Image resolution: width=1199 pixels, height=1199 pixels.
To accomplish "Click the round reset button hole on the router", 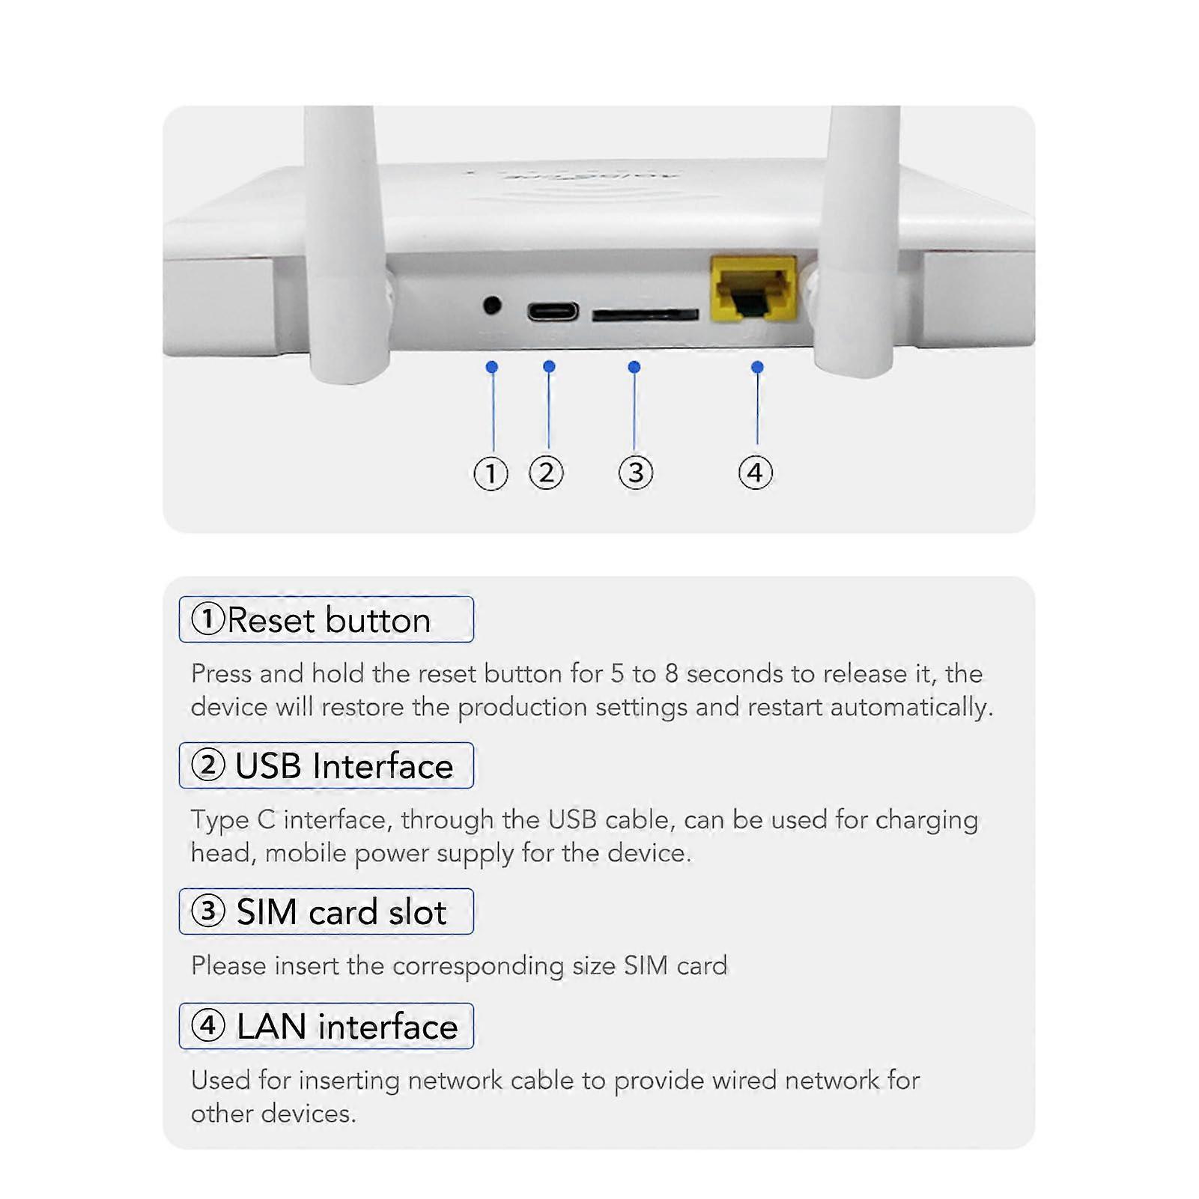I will (x=492, y=306).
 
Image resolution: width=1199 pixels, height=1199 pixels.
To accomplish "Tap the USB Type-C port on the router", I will (x=553, y=311).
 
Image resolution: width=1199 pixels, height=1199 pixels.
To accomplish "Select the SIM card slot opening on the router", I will (x=645, y=315).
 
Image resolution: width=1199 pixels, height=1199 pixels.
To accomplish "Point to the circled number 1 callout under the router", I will (x=491, y=473).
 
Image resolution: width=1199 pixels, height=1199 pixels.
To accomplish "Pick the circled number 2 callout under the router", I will (x=546, y=473).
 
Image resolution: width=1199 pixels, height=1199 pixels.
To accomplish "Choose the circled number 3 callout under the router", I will (x=635, y=473).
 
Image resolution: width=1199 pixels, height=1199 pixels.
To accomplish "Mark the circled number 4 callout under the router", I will (x=755, y=473).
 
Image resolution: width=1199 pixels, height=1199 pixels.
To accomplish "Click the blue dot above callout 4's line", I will (x=757, y=367).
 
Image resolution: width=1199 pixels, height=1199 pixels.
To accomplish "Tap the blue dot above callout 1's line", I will (x=492, y=367).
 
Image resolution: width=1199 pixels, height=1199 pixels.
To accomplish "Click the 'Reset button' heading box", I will (x=327, y=619).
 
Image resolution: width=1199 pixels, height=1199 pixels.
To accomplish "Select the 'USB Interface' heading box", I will (x=327, y=765).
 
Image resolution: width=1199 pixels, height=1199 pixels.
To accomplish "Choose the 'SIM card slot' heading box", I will (x=327, y=911).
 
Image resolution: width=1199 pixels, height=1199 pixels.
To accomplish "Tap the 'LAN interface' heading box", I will (x=327, y=1026).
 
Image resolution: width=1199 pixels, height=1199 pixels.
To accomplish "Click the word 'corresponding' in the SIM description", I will (x=478, y=966).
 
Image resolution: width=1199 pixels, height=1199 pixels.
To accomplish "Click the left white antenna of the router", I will (x=346, y=240).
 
